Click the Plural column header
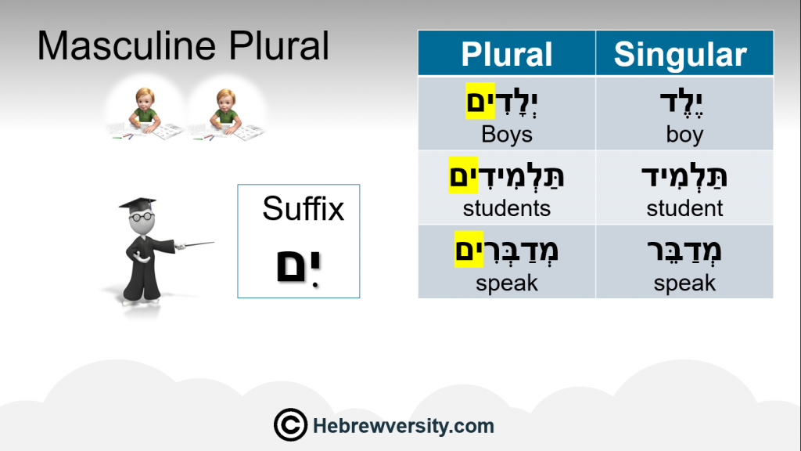pos(507,54)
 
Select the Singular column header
pos(681,54)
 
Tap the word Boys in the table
pos(507,135)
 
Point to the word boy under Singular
pos(684,135)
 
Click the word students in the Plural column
pos(507,208)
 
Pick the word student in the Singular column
pos(684,208)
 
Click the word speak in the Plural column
pos(507,283)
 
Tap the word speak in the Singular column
pos(684,283)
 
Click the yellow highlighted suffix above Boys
pos(480,101)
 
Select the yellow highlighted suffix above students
pos(463,175)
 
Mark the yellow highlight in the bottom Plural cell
pos(469,249)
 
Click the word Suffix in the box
pos(304,208)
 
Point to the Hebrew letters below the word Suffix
pos(298,267)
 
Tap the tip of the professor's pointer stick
pos(214,243)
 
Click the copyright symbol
pos(290,425)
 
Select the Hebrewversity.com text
pos(404,426)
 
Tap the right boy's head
pos(225,100)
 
